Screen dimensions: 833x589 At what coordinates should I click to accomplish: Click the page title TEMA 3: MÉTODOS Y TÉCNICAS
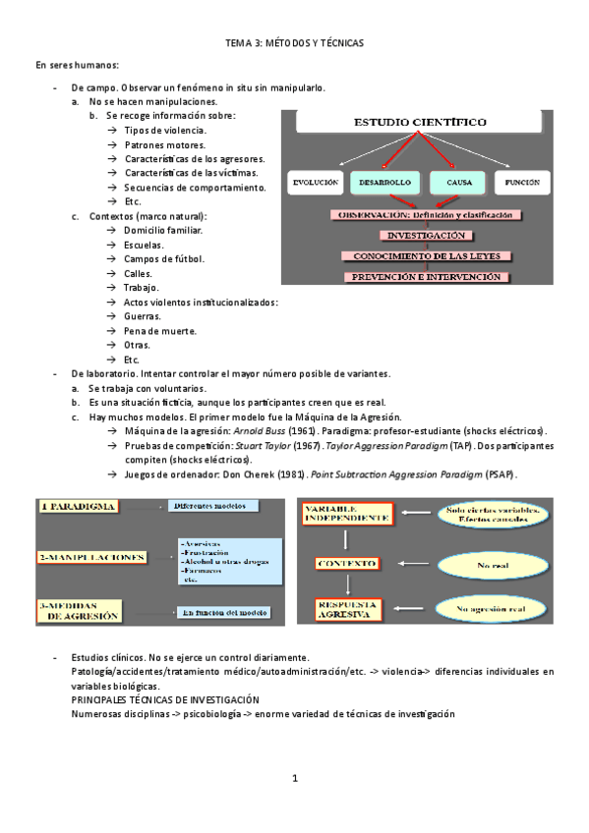[294, 43]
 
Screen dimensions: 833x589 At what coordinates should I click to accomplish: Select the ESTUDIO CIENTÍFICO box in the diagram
[419, 124]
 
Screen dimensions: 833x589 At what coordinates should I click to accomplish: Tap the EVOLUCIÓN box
[316, 183]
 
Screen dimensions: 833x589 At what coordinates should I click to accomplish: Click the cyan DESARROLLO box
[384, 183]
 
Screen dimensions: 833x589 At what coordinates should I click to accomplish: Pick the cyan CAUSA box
[459, 183]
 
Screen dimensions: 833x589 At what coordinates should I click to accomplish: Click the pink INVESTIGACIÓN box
[426, 236]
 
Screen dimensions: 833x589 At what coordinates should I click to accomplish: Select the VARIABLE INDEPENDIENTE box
[345, 512]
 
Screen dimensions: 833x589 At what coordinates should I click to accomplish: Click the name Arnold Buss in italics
[262, 431]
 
